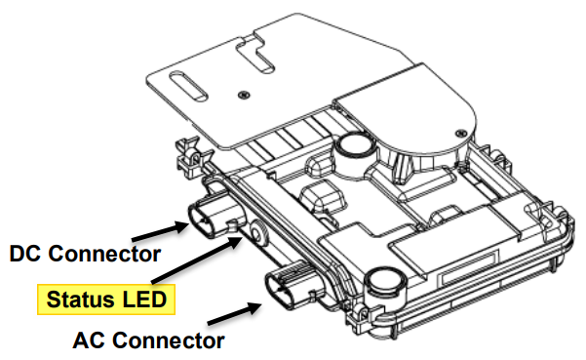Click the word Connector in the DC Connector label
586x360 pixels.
point(104,254)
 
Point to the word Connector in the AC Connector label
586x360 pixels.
point(169,340)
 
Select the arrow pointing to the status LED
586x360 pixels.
point(197,260)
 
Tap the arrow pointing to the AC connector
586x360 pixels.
point(235,313)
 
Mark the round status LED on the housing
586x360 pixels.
point(257,233)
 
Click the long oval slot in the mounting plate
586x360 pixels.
point(188,86)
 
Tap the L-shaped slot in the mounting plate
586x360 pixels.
point(257,55)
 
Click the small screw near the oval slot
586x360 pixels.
point(244,95)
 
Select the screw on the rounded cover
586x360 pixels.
point(461,133)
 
